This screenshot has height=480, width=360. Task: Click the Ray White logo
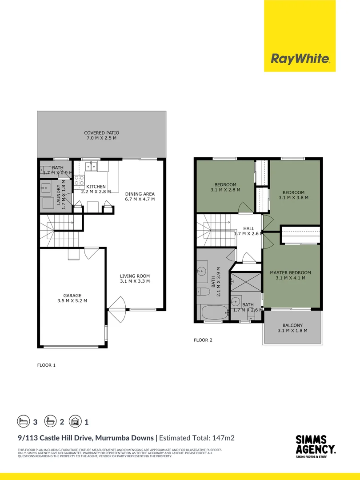click(300, 58)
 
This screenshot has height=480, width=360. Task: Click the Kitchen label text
click(96, 187)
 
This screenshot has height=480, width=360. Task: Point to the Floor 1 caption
click(46, 365)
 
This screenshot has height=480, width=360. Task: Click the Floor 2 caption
click(203, 340)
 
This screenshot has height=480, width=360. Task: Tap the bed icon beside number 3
click(23, 420)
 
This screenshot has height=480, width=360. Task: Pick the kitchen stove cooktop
click(79, 180)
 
